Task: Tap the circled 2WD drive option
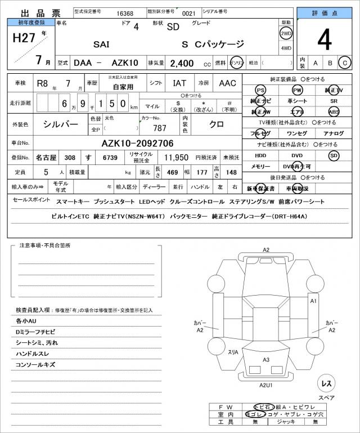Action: (286, 33)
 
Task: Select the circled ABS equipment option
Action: (334, 111)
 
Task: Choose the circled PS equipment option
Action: (260, 90)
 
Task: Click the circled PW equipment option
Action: (297, 90)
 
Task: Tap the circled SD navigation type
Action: (334, 155)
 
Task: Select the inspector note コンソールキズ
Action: (36, 365)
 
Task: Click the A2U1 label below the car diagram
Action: (266, 385)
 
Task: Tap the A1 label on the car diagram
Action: (314, 302)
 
